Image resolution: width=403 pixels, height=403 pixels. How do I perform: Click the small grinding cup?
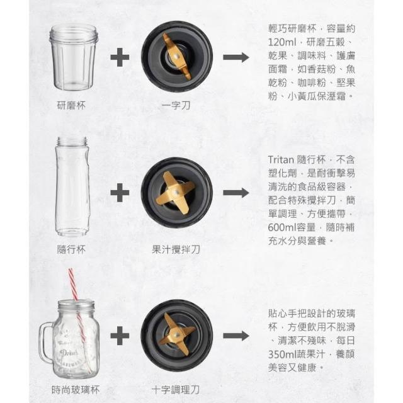click(x=74, y=57)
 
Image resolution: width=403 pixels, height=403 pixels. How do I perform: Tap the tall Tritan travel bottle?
click(x=72, y=186)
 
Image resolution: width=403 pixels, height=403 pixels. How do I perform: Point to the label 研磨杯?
click(x=71, y=105)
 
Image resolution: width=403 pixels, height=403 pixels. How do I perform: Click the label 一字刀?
click(x=176, y=105)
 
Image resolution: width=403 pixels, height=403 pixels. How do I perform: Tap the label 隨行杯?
click(x=71, y=249)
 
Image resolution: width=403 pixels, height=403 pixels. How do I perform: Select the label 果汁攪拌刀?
click(x=176, y=249)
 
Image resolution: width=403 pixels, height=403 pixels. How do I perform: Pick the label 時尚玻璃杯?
click(x=76, y=390)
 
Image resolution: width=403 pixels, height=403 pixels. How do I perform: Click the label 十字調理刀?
click(x=176, y=390)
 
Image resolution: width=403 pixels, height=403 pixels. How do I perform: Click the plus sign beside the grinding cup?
click(x=120, y=57)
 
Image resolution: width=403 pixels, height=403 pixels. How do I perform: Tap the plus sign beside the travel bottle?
click(x=120, y=193)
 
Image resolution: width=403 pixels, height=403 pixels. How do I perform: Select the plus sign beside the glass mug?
click(x=120, y=336)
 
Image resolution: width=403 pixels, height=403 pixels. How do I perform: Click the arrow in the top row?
click(x=236, y=57)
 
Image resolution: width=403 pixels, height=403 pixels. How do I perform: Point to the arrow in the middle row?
click(x=236, y=193)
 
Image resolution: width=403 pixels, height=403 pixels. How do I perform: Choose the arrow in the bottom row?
click(x=236, y=336)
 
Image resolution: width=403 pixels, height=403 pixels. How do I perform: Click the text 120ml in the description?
click(x=282, y=42)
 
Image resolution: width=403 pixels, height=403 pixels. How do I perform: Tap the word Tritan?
click(x=281, y=159)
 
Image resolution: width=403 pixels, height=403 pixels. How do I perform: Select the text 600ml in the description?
click(x=282, y=227)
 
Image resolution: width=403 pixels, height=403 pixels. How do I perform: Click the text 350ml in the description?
click(x=282, y=354)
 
